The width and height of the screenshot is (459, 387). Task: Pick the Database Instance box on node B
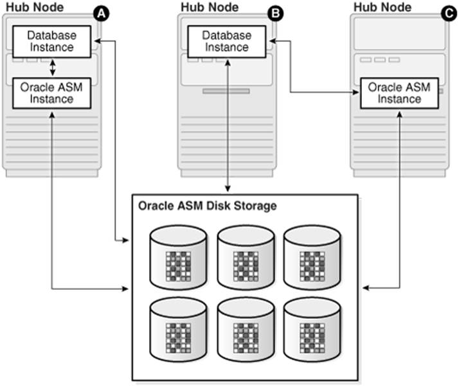[226, 41]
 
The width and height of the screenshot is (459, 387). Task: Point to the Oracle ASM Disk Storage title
[207, 206]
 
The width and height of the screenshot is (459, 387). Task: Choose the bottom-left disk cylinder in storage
[179, 325]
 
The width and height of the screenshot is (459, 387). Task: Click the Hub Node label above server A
[30, 6]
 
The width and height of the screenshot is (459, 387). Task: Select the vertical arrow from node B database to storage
[227, 122]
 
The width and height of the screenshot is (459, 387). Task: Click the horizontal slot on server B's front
[226, 91]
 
